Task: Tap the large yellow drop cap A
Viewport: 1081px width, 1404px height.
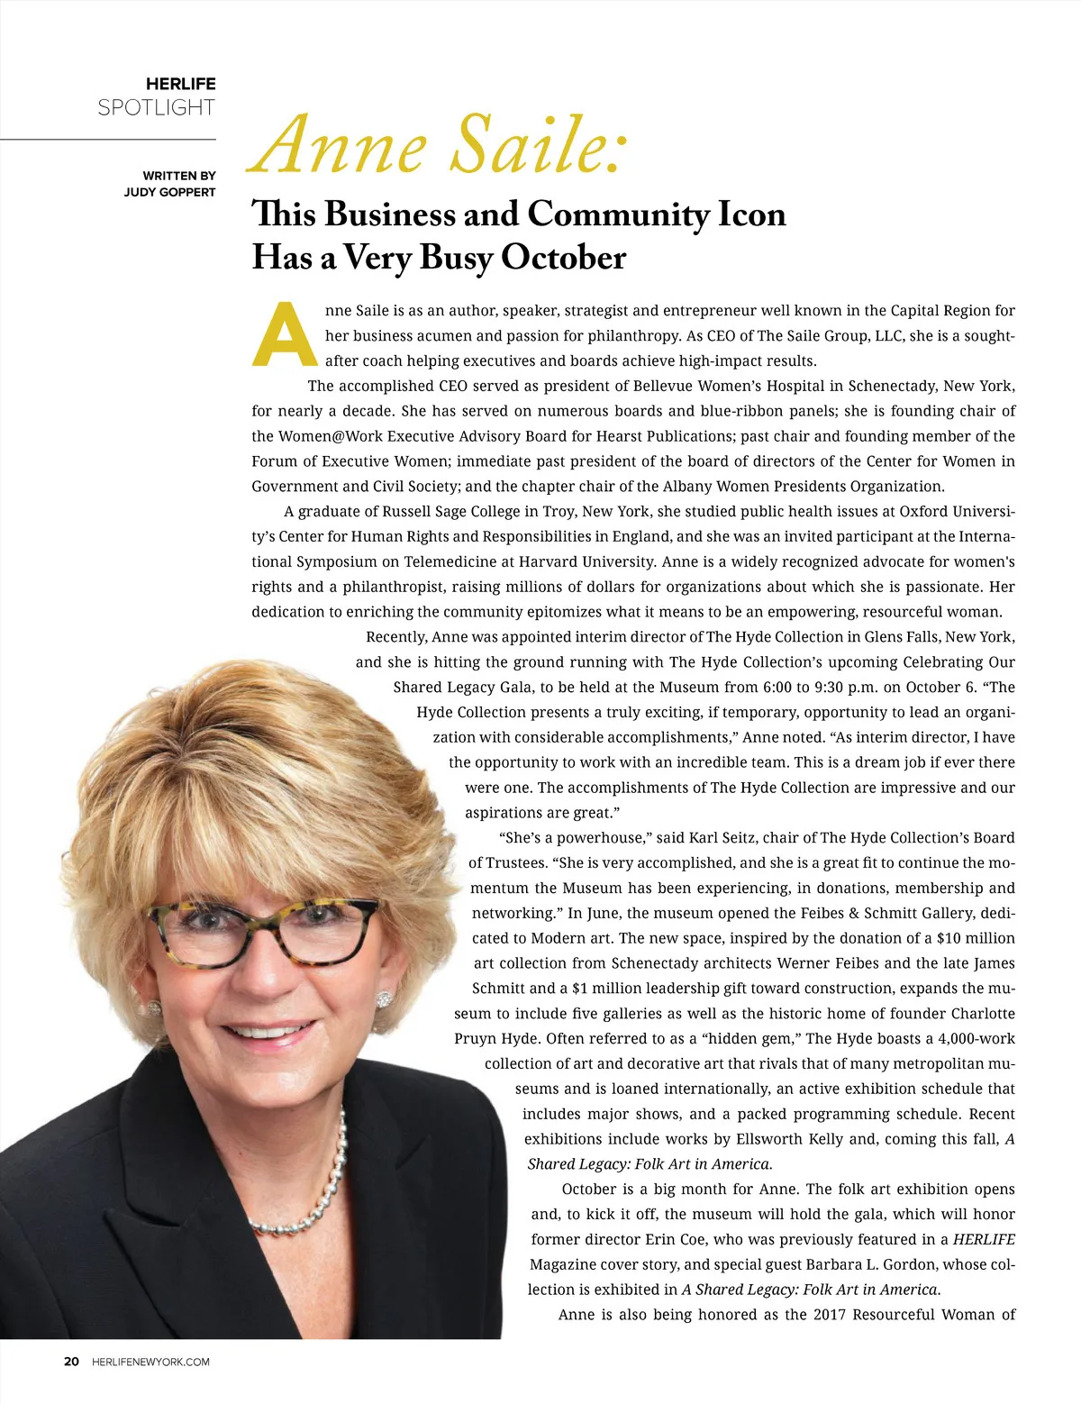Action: (285, 335)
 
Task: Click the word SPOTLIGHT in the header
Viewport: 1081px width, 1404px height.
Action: (156, 108)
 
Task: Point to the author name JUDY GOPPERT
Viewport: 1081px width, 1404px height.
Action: (169, 192)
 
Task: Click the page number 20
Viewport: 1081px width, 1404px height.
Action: (71, 1362)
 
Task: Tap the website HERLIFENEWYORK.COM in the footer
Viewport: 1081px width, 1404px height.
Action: (150, 1362)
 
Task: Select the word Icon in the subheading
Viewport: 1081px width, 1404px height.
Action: (751, 214)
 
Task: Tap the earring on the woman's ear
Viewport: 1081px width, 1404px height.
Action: (385, 999)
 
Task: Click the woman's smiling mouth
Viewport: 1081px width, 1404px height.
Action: (268, 1031)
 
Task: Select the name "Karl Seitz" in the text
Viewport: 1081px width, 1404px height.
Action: (728, 837)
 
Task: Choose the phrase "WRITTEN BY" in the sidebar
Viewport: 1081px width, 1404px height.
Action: (178, 176)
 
